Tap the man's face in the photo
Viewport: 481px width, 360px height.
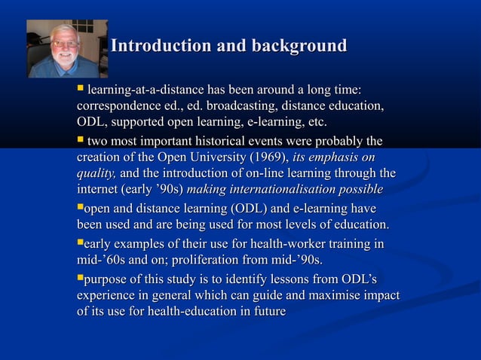pyautogui.click(x=66, y=45)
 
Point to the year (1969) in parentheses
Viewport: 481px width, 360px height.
pyautogui.click(x=266, y=157)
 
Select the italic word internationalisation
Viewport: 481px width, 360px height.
pyautogui.click(x=294, y=190)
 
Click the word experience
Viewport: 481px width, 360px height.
pyautogui.click(x=108, y=296)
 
